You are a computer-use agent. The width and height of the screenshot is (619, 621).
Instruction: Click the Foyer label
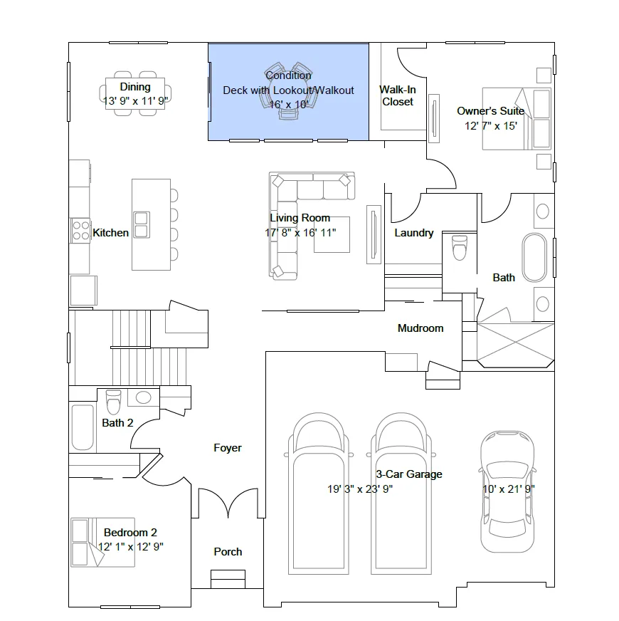pos(228,448)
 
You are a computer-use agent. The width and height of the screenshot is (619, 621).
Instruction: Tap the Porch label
pos(228,552)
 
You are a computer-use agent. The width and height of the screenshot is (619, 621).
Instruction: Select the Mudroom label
pos(420,328)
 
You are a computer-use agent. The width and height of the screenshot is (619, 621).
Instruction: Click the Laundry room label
pos(414,233)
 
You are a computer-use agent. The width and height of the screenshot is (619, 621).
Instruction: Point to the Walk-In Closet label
pos(398,96)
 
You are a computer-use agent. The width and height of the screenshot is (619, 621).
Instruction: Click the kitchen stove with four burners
pos(80,231)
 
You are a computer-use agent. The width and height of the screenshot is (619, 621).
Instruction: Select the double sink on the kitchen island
pos(142,225)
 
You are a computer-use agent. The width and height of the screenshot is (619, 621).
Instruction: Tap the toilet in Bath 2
pos(114,402)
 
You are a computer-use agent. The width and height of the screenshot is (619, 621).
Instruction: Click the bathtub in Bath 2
pos(83,427)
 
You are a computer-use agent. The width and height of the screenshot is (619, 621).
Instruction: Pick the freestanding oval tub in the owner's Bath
pos(534,257)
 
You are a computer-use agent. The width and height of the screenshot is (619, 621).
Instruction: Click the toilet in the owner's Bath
pos(460,248)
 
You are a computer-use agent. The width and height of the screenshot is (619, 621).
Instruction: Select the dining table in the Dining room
pos(135,93)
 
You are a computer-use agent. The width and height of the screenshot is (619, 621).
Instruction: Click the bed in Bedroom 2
pos(102,542)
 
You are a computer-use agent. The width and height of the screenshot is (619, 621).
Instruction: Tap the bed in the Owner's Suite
pos(517,119)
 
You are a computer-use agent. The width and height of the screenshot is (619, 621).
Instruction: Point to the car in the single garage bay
pos(507,491)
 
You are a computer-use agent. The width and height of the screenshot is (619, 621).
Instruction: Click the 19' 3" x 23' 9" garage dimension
pos(360,489)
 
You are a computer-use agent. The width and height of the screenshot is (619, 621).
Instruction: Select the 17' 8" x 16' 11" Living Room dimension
pos(300,232)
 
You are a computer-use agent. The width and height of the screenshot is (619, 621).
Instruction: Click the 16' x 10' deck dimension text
pos(289,105)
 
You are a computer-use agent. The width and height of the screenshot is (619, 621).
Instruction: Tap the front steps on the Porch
pos(228,579)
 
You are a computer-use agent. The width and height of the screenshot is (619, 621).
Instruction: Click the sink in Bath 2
pos(143,397)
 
